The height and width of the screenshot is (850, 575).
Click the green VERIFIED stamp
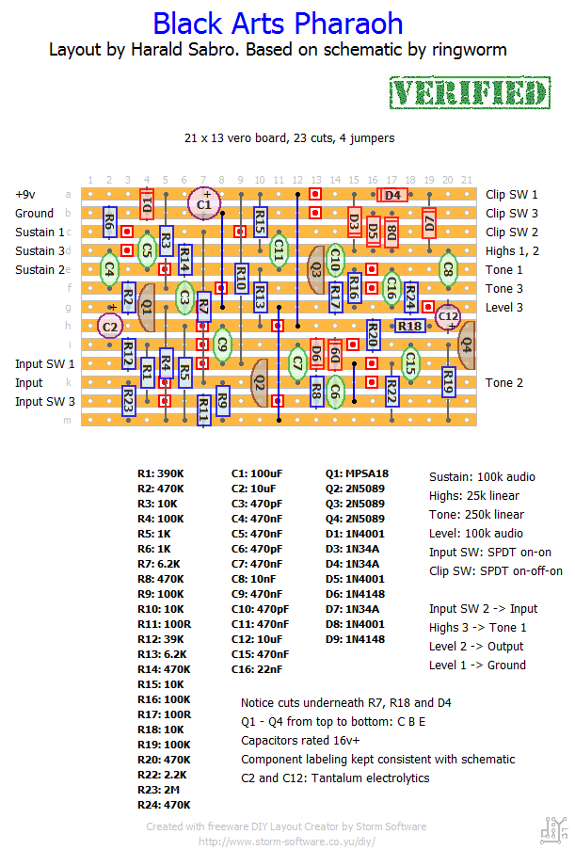coord(470,92)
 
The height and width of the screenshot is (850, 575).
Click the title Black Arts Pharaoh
coord(278,24)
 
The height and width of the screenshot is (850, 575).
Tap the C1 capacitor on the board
coord(204,204)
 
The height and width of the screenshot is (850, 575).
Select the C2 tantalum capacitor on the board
coord(110,327)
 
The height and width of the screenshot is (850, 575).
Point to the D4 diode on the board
coord(392,195)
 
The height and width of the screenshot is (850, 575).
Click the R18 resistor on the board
coord(409,326)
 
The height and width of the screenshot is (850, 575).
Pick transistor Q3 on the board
coord(315,269)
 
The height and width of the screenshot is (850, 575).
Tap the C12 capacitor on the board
coord(448,316)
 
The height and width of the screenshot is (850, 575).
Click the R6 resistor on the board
coord(109,222)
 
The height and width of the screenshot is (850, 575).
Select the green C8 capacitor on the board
coord(448,269)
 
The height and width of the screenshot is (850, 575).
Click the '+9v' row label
coord(24,195)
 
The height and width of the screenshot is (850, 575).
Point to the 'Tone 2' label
coord(504,383)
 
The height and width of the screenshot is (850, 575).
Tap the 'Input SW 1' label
coord(45,363)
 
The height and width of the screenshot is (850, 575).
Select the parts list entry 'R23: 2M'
coord(158,790)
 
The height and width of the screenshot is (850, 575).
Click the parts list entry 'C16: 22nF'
coord(256,669)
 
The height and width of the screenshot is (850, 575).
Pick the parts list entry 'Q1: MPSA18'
coord(357,473)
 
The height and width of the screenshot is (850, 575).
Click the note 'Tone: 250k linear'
coord(476,515)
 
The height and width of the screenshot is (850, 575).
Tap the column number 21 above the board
coord(467,180)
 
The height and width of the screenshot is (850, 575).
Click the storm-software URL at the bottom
coord(287,842)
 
